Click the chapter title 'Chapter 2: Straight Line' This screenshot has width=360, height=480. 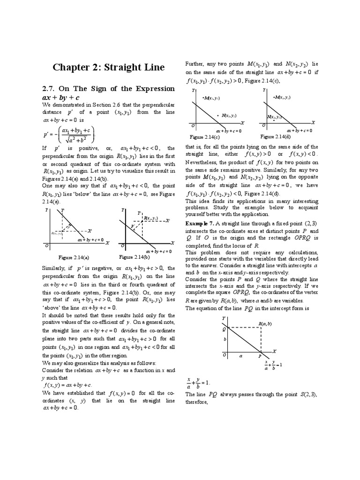pyautogui.click(x=108, y=67)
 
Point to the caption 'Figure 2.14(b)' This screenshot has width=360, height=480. pyautogui.click(x=134, y=257)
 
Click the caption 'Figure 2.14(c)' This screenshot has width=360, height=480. pyautogui.click(x=204, y=136)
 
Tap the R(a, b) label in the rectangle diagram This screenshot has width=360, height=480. pyautogui.click(x=265, y=324)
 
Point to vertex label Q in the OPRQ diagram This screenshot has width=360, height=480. pyautogui.click(x=224, y=329)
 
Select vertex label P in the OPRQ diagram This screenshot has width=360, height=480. pyautogui.click(x=259, y=357)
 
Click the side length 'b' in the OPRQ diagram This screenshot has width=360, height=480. pyautogui.click(x=225, y=338)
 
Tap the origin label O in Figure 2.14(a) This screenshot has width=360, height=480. pyautogui.click(x=46, y=246)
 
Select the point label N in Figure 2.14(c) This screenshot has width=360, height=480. pyautogui.click(x=225, y=115)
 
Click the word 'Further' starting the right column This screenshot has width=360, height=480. pyautogui.click(x=195, y=63)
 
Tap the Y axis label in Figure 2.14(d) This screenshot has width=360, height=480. pyautogui.click(x=264, y=89)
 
